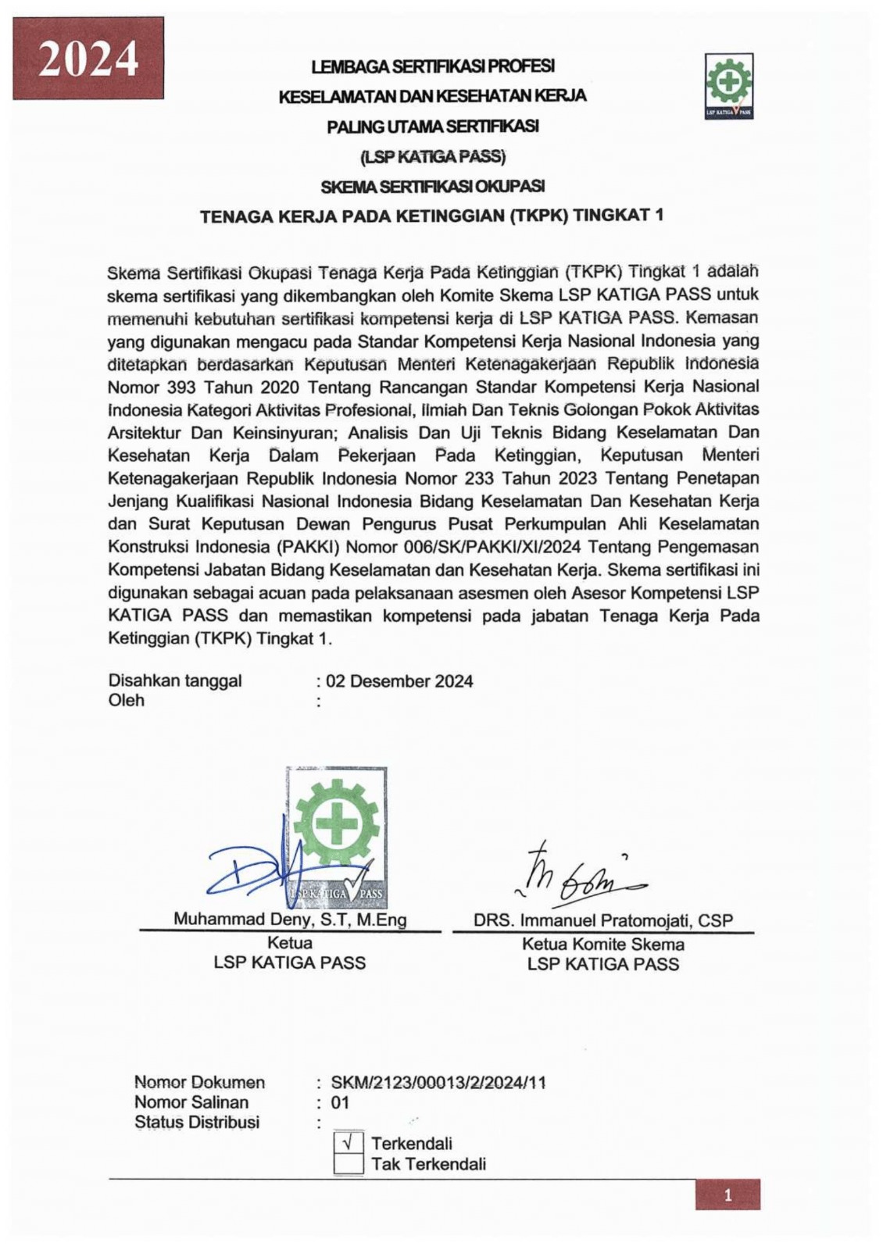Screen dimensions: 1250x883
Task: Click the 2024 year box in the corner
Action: coord(88,59)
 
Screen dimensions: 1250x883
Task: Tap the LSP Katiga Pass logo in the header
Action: coord(728,86)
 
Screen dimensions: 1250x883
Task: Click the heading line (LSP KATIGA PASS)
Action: coord(432,156)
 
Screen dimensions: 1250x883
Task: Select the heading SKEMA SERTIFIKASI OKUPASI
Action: coord(432,187)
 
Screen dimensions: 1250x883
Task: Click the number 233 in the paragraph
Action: coord(480,478)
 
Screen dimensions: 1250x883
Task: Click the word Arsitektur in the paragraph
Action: coord(144,433)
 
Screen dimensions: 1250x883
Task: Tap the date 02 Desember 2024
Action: coord(399,681)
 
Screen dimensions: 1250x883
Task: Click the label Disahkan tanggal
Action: coord(175,680)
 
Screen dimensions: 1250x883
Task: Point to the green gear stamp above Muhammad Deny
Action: coord(337,828)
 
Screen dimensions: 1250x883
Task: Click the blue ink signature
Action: coord(258,871)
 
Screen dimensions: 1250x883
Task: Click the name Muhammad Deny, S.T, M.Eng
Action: coord(290,920)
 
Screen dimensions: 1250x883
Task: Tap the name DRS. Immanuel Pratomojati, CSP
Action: coord(603,920)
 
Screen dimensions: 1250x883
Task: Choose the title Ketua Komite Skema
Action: coord(603,944)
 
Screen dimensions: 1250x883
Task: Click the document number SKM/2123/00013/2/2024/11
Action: coord(438,1083)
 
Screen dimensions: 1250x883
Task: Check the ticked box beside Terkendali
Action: coord(349,1143)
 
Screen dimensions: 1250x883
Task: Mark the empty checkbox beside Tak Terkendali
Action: coord(349,1164)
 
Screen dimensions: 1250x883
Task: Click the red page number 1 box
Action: coord(727,1195)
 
